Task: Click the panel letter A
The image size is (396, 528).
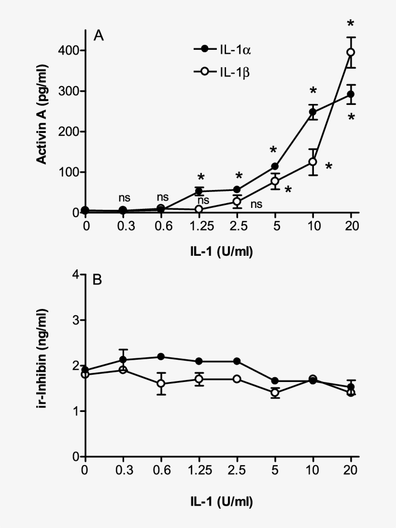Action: click(x=99, y=36)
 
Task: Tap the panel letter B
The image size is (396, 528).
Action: click(x=97, y=280)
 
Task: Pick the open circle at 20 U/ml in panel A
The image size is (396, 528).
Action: click(x=351, y=52)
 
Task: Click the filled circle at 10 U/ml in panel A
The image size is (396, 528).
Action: click(x=313, y=112)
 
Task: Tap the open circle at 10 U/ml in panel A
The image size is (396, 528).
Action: click(x=313, y=161)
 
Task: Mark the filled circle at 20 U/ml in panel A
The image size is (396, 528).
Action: click(x=351, y=94)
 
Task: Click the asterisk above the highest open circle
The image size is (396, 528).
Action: click(x=351, y=24)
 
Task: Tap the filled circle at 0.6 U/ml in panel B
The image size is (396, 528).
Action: click(x=161, y=357)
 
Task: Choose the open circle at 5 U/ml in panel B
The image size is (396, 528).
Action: click(x=275, y=393)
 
